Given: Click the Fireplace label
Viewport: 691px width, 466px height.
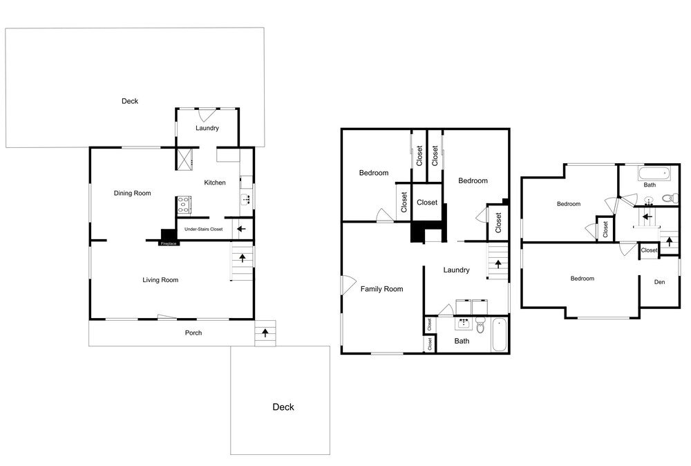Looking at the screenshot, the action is click(x=169, y=243).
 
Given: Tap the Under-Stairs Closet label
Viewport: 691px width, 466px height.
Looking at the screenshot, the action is click(x=204, y=230).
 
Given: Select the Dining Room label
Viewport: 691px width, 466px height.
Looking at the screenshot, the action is click(x=132, y=193).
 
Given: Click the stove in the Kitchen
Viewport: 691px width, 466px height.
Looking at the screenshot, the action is click(x=184, y=205).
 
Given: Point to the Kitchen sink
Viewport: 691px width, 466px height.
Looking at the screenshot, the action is click(x=247, y=199).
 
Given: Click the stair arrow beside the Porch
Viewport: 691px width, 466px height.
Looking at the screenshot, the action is click(x=265, y=333).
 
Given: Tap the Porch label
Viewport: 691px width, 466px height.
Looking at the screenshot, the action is click(x=193, y=333).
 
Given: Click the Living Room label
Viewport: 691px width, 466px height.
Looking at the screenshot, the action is click(x=160, y=280).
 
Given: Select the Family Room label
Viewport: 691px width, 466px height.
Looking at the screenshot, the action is click(x=381, y=289).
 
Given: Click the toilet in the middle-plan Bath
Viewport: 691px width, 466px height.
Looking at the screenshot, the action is click(x=480, y=325).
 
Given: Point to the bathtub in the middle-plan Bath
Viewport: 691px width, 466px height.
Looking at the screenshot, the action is click(x=500, y=335).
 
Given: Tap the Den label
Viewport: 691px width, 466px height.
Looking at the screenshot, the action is click(x=660, y=282).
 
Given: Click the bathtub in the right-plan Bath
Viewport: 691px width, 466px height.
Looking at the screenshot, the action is click(x=654, y=174).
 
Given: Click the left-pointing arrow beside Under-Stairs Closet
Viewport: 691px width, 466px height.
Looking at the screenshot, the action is click(x=241, y=230).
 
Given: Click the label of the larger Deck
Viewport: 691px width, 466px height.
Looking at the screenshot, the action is click(x=130, y=102).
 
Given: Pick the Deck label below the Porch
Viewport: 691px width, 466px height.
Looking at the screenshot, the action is click(x=283, y=407).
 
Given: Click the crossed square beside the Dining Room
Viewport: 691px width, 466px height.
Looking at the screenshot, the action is click(x=185, y=159).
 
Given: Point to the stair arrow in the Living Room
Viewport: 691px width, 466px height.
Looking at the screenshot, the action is click(x=243, y=259).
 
